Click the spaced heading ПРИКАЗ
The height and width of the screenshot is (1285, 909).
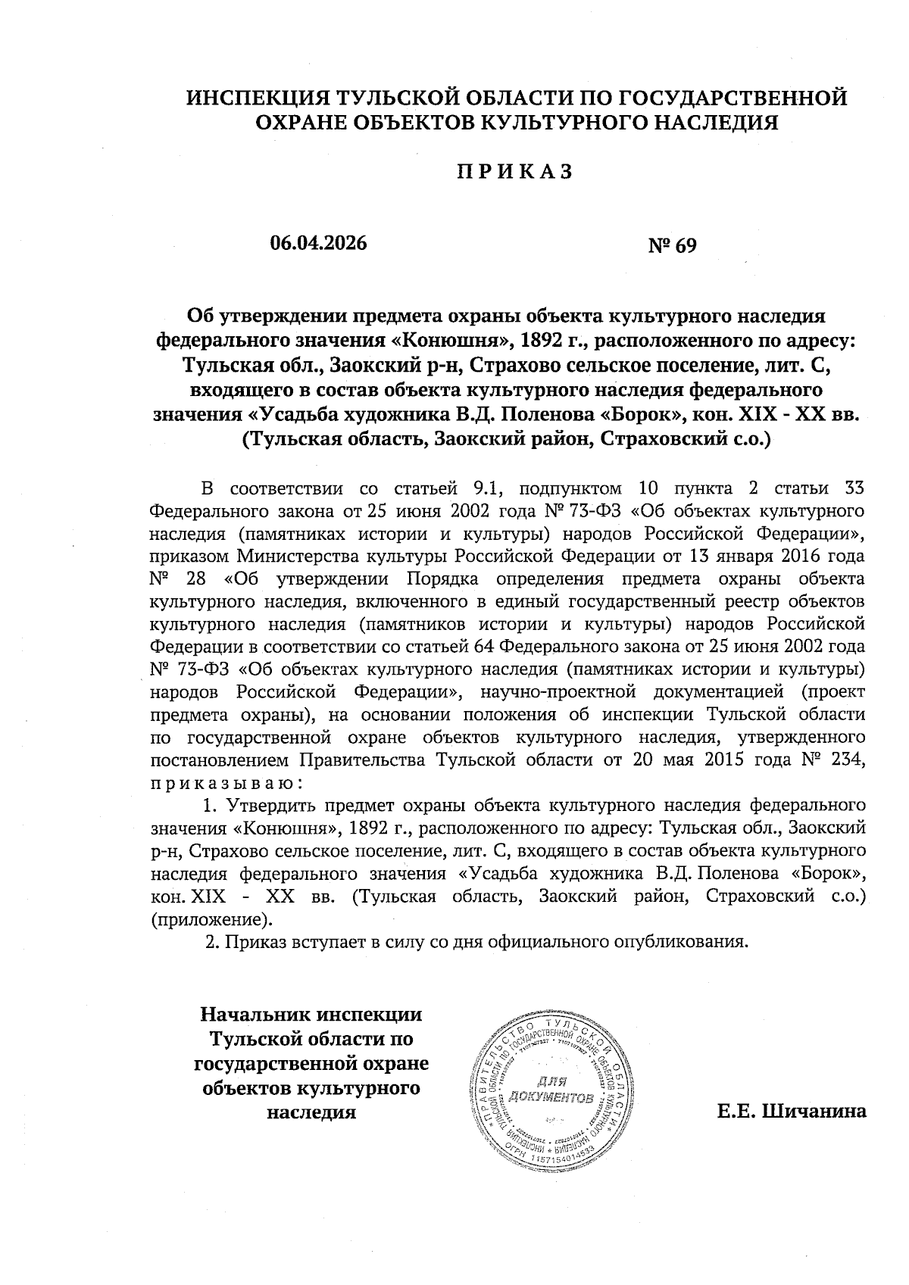513,171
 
